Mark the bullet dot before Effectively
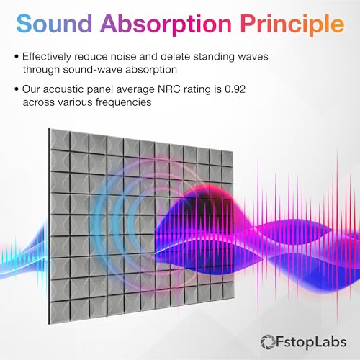(x=17, y=56)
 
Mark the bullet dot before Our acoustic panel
(x=17, y=91)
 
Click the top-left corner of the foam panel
(x=50, y=130)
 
